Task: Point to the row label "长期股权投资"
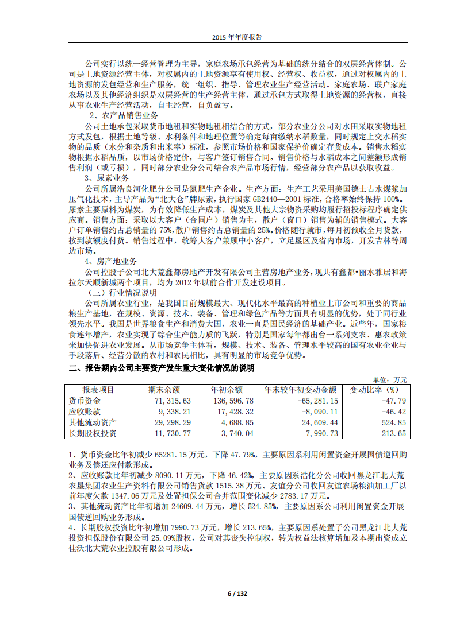pos(92,433)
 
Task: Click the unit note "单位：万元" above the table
pos(390,380)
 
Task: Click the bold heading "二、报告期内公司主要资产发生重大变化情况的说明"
pos(162,368)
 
